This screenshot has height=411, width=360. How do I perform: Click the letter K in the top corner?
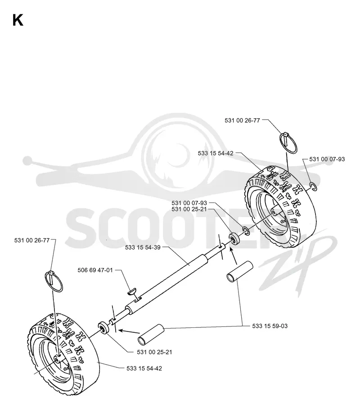(18, 20)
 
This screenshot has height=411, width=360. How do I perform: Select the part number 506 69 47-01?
(95, 270)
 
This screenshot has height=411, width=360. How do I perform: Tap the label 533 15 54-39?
(143, 247)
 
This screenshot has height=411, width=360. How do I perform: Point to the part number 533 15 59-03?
(270, 326)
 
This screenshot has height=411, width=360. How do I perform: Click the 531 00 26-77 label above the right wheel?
(242, 121)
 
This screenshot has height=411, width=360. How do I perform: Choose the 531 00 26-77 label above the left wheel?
(32, 241)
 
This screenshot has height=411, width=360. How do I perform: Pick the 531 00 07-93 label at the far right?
(327, 159)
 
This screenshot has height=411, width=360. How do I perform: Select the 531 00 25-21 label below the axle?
(154, 352)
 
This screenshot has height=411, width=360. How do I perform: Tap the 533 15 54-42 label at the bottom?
(144, 368)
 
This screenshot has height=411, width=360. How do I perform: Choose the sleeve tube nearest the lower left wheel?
(151, 335)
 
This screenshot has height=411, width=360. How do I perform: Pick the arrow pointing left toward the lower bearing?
(129, 331)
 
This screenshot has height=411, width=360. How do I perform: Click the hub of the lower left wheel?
(58, 358)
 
